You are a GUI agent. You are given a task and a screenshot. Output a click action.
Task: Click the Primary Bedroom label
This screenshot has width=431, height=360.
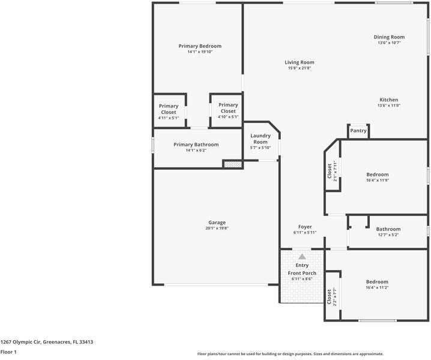point(200,46)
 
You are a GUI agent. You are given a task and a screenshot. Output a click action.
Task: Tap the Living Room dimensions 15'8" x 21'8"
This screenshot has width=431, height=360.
point(300,68)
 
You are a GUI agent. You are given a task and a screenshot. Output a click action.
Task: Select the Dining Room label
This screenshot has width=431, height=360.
point(389,37)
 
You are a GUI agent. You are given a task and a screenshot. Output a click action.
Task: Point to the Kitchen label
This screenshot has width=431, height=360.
point(388,100)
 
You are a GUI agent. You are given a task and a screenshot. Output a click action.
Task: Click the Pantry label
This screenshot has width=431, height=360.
point(358,131)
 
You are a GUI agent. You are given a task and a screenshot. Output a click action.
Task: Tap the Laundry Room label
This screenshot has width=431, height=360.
point(261,139)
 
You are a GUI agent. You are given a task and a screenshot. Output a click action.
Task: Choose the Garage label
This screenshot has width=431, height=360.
point(217,223)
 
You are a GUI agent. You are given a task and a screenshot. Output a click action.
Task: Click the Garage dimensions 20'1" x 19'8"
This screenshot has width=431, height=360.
point(217,228)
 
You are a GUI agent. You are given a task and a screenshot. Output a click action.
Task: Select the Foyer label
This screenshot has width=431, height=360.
point(305,227)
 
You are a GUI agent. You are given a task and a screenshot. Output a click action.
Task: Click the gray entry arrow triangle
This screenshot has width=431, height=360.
point(302,257)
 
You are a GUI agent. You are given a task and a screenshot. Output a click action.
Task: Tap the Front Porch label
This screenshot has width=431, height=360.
point(302,273)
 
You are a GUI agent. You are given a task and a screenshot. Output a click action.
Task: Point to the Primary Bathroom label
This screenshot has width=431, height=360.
point(196,145)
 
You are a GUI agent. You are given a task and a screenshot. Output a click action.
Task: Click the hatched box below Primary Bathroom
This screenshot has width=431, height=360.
point(233,164)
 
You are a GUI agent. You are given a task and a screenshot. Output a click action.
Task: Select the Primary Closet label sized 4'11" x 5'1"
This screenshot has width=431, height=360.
point(169,109)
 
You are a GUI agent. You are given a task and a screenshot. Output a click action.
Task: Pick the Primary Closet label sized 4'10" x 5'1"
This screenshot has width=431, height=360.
point(228,108)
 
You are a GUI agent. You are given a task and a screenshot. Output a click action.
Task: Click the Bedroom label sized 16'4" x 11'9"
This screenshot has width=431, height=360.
point(378,175)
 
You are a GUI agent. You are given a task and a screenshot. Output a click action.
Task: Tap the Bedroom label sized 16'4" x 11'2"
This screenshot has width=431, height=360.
point(377,281)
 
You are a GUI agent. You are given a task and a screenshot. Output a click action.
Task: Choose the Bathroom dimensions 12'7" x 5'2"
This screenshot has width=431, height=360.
point(388,235)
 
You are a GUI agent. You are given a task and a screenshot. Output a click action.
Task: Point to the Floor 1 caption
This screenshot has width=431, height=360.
point(8,352)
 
